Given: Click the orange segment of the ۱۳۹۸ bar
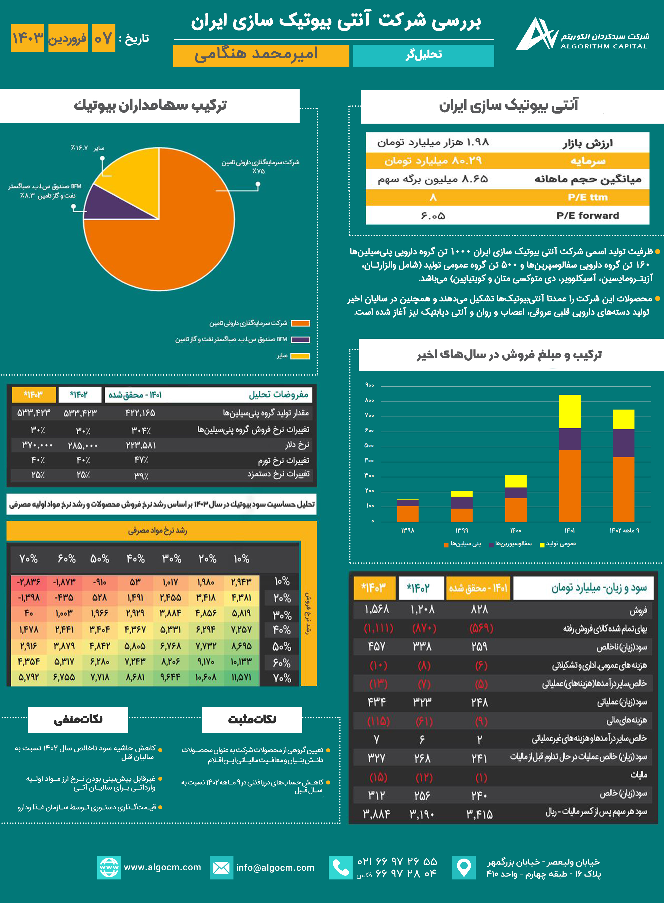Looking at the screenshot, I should [408, 514].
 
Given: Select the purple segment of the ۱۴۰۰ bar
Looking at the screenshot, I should [515, 493].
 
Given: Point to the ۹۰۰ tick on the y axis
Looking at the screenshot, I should [369, 385].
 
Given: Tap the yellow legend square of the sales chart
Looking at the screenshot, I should [542, 545].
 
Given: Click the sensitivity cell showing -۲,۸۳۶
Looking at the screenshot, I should [29, 582].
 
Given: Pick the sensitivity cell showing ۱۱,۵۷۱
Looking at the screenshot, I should [241, 677].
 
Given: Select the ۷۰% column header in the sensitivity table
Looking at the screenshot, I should [29, 559].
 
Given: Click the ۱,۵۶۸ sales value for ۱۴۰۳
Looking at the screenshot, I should [377, 610].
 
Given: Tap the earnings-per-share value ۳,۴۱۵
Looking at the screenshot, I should [479, 814].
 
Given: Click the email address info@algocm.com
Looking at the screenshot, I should [275, 868].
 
